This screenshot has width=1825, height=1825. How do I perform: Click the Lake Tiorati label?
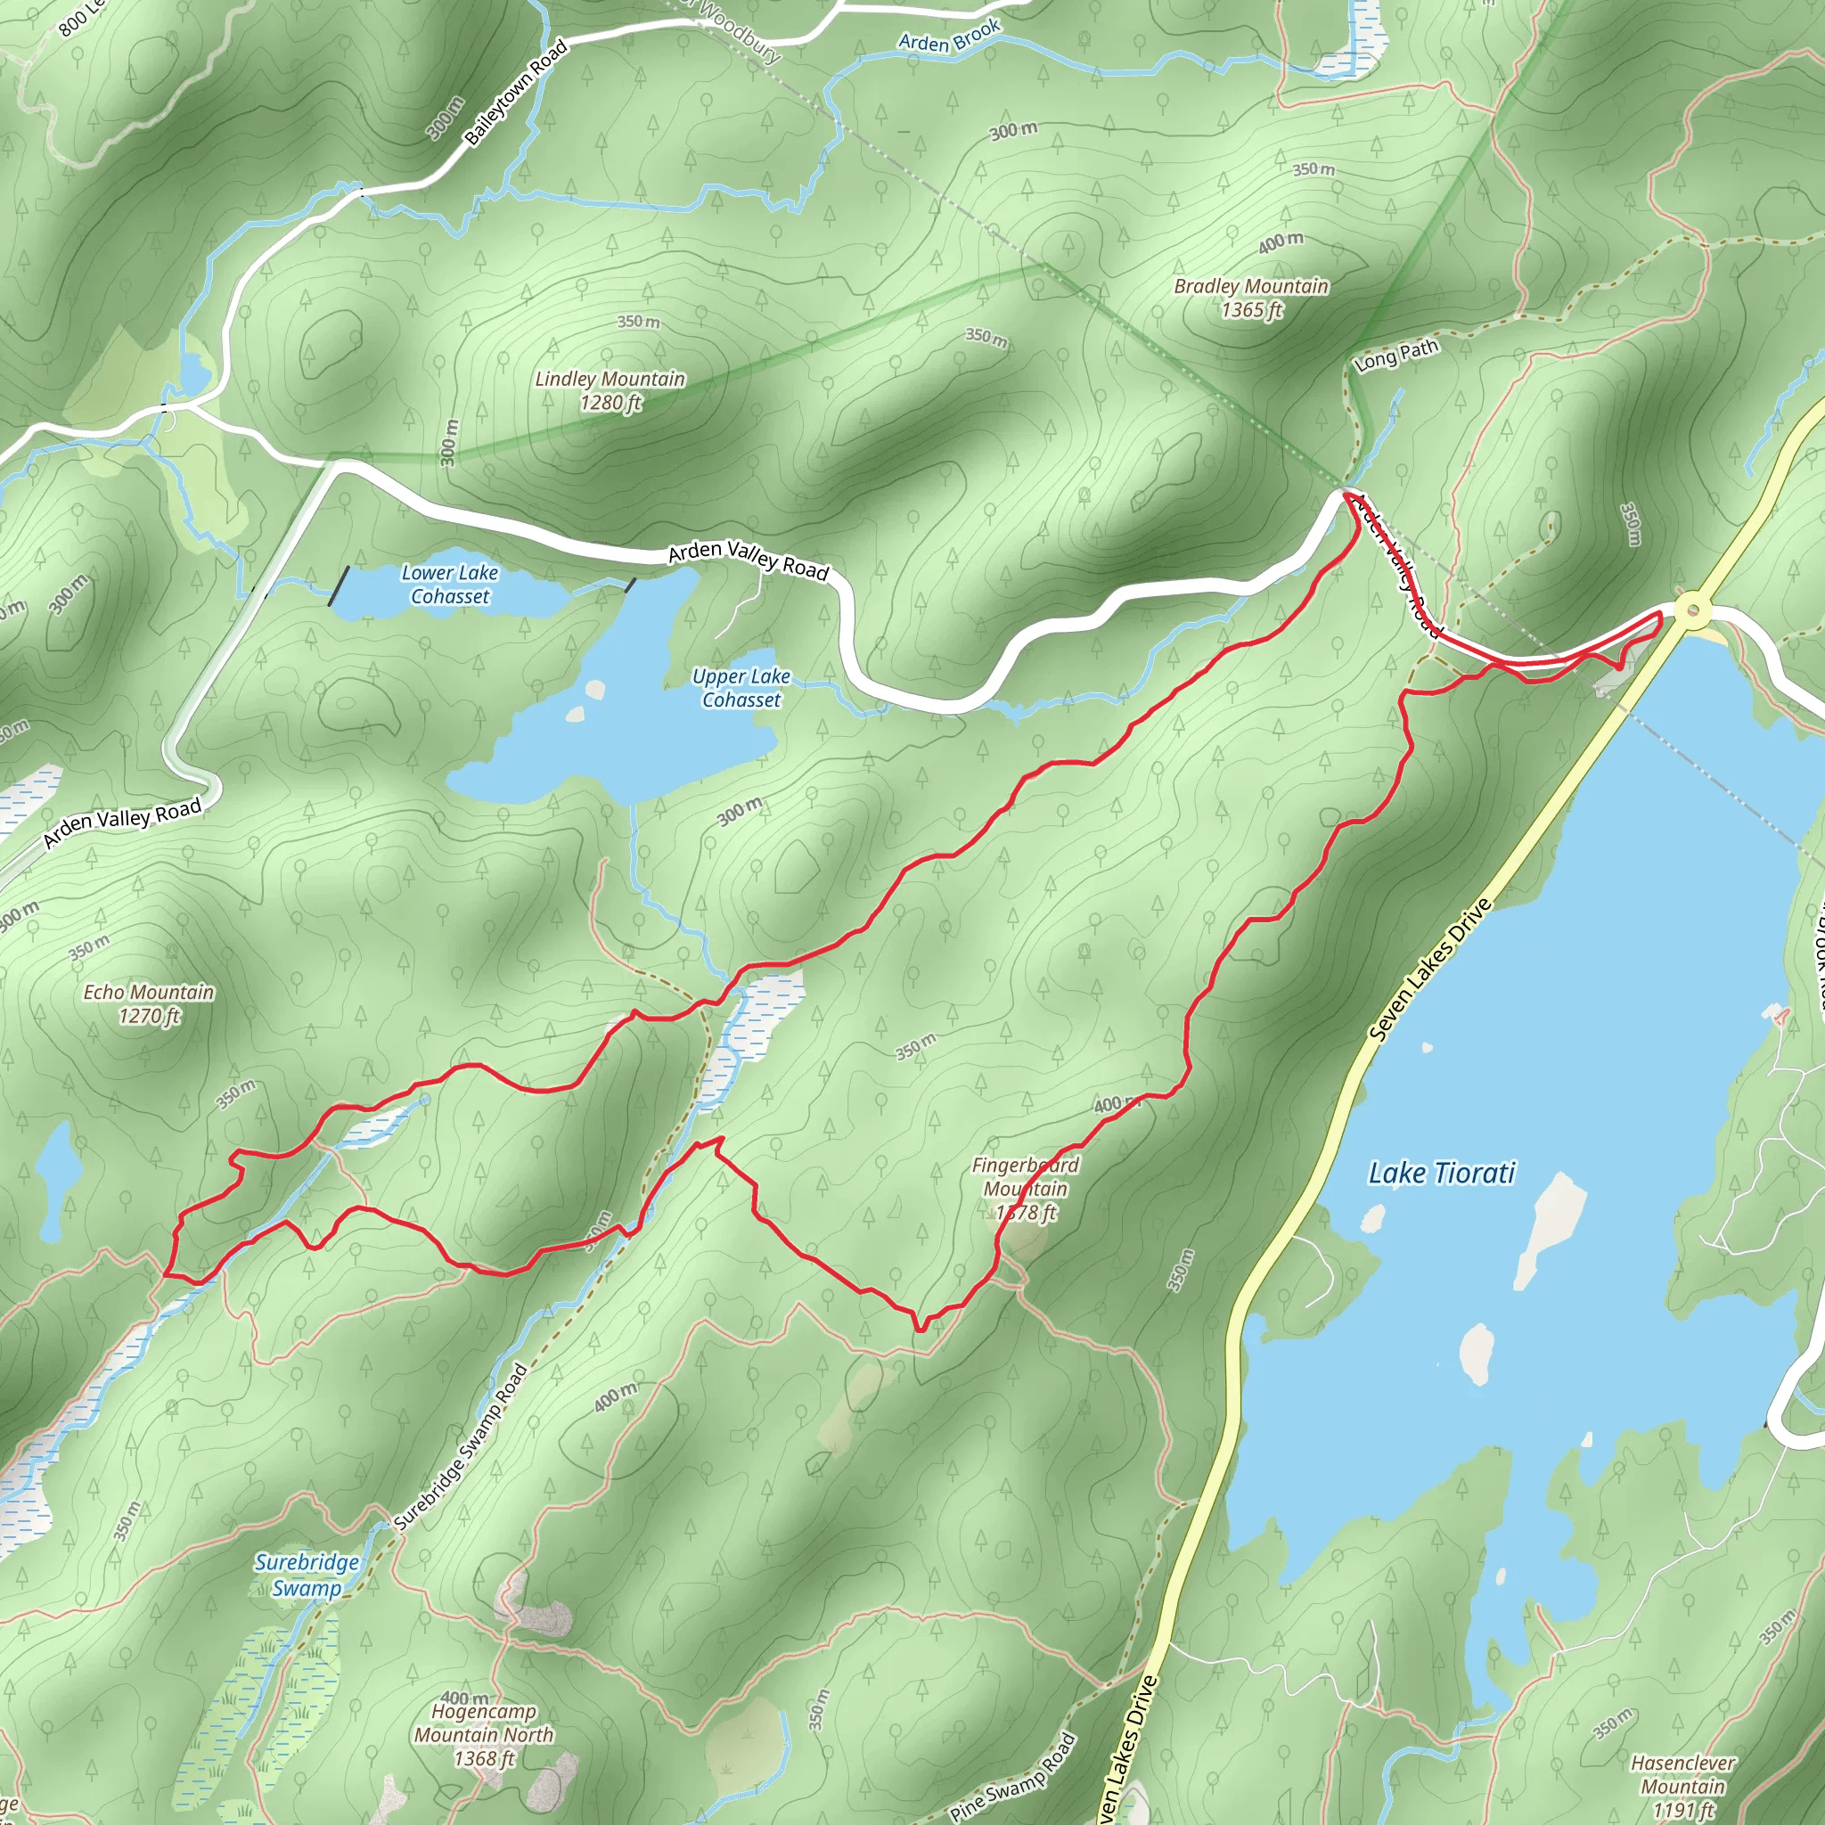coord(1442,1174)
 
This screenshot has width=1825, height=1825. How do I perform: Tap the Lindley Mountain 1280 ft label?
coord(610,390)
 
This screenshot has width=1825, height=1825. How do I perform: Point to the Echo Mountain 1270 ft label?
coord(149,1003)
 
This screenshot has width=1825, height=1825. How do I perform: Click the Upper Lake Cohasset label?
coord(741,688)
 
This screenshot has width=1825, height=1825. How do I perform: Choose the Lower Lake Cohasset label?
coord(450,584)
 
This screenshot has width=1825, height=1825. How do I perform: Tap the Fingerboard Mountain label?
coord(1026,1189)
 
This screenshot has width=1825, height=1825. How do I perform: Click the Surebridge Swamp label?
coord(307,1575)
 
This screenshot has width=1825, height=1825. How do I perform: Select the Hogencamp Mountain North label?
coord(484,1734)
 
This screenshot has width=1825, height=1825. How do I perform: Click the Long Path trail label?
coord(1396,355)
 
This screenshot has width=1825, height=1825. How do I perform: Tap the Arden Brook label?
coord(949,36)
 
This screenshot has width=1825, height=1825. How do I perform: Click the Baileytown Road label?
coord(516,92)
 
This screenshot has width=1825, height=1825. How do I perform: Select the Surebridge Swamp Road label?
coord(461,1445)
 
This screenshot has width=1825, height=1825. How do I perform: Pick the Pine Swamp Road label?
coord(1012,1778)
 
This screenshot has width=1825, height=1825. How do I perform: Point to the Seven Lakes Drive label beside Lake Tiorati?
coord(1431,970)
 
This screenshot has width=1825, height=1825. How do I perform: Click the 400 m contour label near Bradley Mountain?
coord(1281,242)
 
